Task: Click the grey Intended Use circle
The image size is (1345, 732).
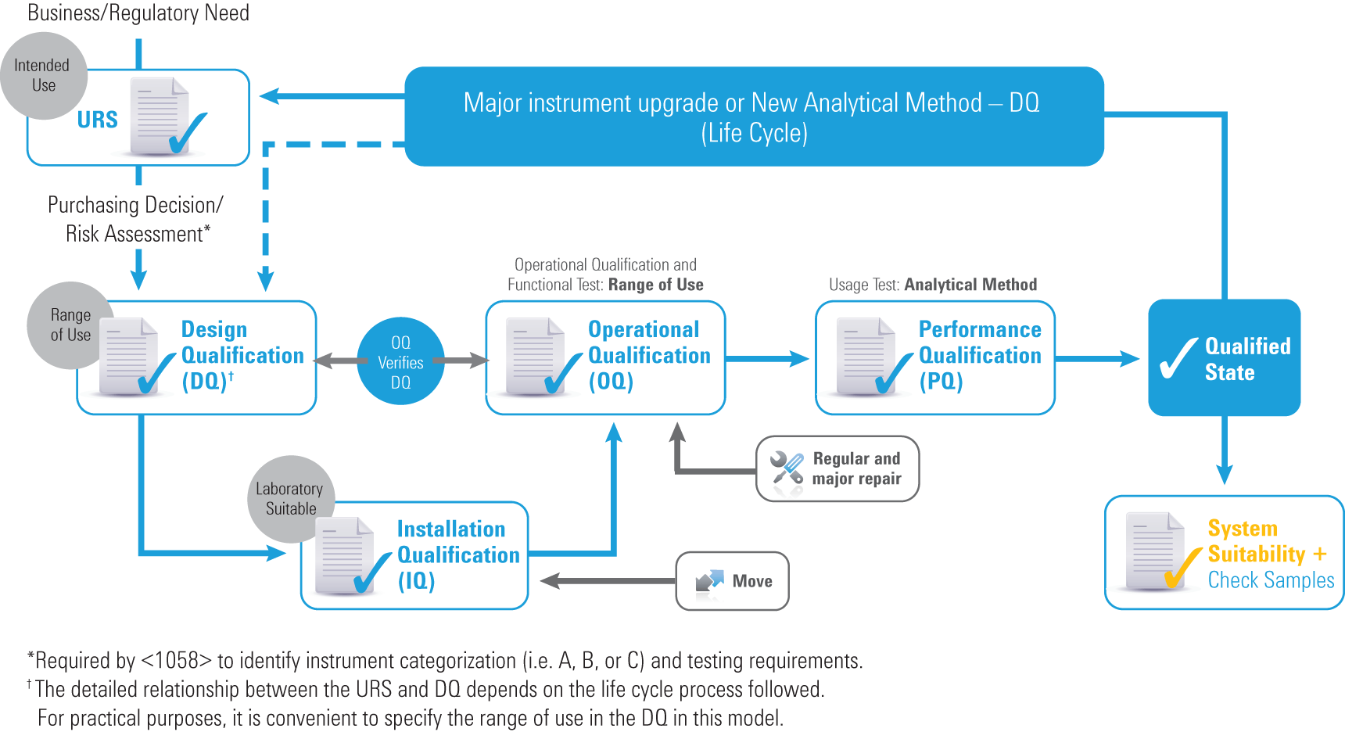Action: pyautogui.click(x=43, y=76)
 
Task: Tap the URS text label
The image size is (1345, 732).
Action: pyautogui.click(x=97, y=120)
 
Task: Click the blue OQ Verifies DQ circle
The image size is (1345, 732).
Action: pyautogui.click(x=400, y=361)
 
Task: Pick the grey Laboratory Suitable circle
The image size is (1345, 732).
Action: pyautogui.click(x=290, y=498)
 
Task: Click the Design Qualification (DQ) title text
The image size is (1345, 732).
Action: pyautogui.click(x=242, y=355)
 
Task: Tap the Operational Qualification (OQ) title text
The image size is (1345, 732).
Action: pyautogui.click(x=648, y=355)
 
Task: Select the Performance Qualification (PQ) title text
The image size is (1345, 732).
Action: pyautogui.click(x=979, y=355)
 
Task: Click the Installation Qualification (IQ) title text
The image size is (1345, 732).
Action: pyautogui.click(x=457, y=554)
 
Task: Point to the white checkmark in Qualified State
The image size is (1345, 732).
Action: pyautogui.click(x=1178, y=359)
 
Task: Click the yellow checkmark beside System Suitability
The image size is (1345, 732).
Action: pyautogui.click(x=1182, y=567)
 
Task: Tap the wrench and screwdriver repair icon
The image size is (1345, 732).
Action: pyautogui.click(x=787, y=468)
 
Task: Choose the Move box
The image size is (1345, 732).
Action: pyautogui.click(x=732, y=581)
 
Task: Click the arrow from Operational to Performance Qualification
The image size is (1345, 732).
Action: pyautogui.click(x=767, y=359)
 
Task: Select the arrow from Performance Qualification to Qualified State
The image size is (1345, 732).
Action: pyautogui.click(x=1097, y=359)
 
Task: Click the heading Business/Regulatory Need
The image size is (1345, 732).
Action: pyautogui.click(x=138, y=13)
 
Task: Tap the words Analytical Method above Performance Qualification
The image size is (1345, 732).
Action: pyautogui.click(x=970, y=285)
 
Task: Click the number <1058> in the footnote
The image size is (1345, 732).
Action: pyautogui.click(x=176, y=661)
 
